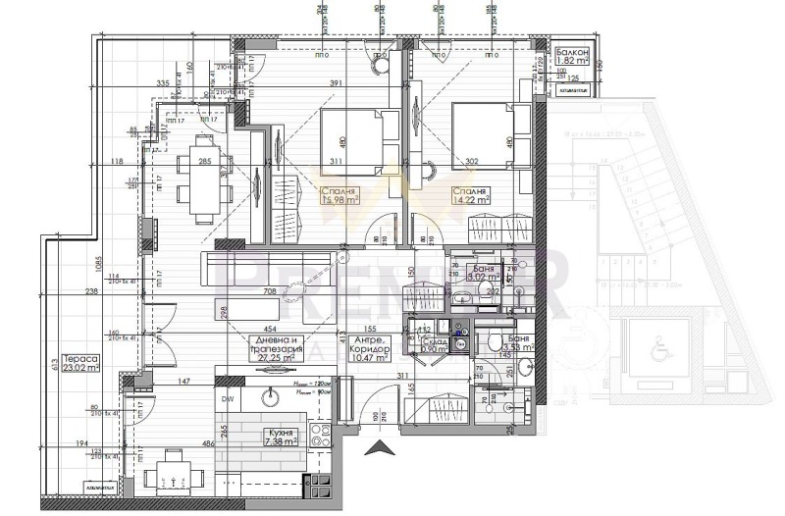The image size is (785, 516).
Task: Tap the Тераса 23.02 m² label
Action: click(x=79, y=364)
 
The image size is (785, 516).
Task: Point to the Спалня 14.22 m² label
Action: click(x=471, y=197)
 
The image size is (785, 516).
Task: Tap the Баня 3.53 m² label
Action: click(x=518, y=342)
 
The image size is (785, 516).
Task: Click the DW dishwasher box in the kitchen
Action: click(x=227, y=400)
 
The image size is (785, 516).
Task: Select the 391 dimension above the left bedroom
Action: click(x=337, y=83)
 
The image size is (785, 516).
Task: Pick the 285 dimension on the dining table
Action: click(x=205, y=161)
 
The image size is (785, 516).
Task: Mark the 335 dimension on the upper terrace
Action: click(x=163, y=83)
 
